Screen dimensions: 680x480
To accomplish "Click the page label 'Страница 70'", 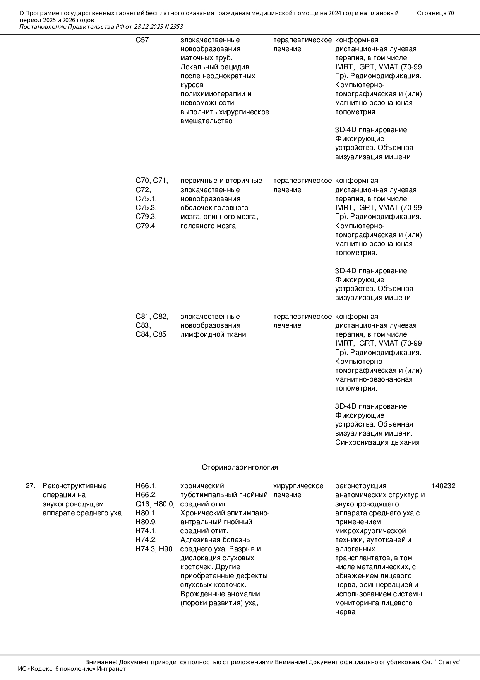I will pos(435,13).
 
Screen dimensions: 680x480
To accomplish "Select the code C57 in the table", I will pos(142,40).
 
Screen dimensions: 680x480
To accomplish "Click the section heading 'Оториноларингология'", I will pos(240,467).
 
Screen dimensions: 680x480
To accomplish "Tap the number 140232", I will pos(443,486).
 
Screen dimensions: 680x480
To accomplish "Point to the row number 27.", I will pos(31,486).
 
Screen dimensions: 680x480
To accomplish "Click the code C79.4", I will pos(145,226).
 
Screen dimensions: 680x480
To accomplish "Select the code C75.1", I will pos(146,199).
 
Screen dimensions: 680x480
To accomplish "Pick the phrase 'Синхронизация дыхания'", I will pos(377,442).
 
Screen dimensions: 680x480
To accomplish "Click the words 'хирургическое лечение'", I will pos(298,490).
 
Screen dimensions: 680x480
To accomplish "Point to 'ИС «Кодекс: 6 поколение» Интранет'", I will pos(72,669).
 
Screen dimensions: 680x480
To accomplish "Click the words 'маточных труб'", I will pos(206,58).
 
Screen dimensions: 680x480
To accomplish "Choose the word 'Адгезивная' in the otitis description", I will pos(197,540).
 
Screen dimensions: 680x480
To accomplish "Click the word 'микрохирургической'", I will pos(370,531).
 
